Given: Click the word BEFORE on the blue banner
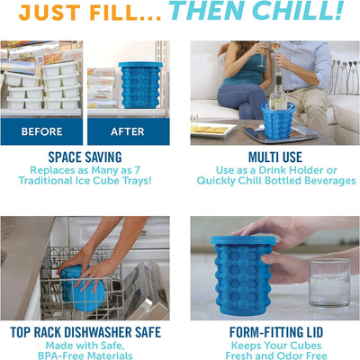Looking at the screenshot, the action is click(41, 131).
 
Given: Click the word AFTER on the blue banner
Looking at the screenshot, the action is click(128, 131).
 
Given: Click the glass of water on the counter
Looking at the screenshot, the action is click(329, 283).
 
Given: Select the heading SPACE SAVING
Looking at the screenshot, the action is click(85, 157).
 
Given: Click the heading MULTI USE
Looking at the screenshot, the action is click(275, 157).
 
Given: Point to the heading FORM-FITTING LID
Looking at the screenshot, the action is click(276, 332).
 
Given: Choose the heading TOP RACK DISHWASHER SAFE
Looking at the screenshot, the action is click(85, 332).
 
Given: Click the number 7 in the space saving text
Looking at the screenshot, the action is click(137, 170).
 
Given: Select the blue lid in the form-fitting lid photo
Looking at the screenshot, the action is click(243, 240).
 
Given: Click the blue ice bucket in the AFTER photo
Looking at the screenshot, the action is click(140, 85).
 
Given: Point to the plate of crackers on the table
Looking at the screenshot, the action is click(213, 130).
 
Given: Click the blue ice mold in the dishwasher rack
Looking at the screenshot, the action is click(81, 288).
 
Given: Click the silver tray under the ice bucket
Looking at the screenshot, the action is click(281, 132).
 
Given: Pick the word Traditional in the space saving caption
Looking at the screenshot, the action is click(45, 181).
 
